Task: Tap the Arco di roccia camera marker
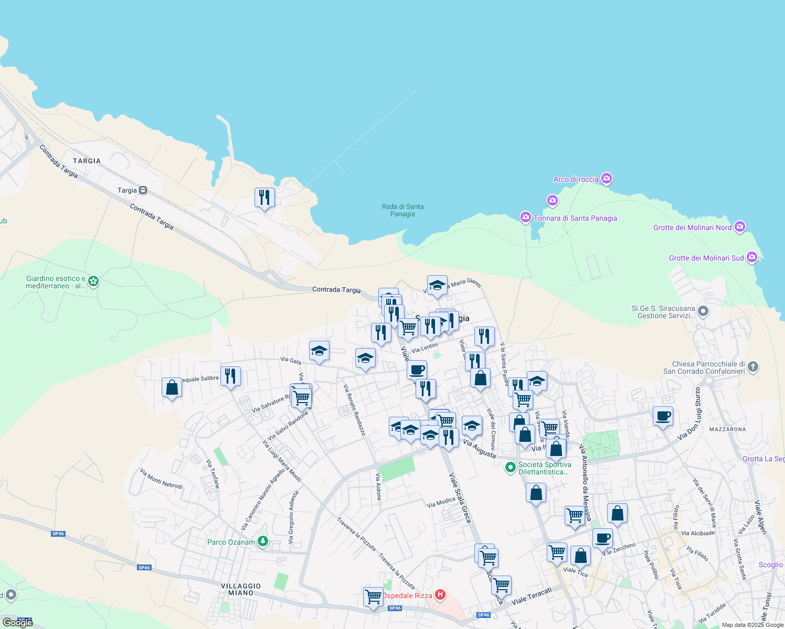[607, 179]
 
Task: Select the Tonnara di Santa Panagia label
[575, 218]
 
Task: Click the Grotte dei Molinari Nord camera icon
[740, 227]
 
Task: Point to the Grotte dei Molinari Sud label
[706, 258]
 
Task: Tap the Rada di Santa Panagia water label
[402, 210]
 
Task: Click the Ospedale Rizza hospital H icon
[440, 595]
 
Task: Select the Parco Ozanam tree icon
[263, 541]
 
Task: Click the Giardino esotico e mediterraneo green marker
[93, 281]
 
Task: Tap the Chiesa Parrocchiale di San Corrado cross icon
[753, 366]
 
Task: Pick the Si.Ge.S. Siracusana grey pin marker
[703, 311]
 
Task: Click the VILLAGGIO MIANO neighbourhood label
[241, 589]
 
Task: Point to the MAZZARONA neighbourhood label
[727, 429]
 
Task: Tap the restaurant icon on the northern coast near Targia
[264, 198]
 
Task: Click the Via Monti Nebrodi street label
[161, 479]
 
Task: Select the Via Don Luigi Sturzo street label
[689, 414]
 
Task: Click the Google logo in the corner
[17, 622]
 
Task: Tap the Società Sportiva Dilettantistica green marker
[510, 468]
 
